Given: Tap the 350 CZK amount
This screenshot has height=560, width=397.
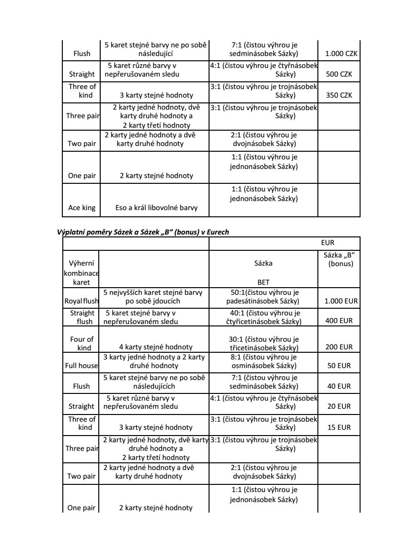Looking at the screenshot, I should tap(339, 95).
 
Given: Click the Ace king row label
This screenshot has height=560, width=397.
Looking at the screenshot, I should tap(82, 208).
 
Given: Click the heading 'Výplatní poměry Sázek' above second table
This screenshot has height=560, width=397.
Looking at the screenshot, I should tap(143, 232).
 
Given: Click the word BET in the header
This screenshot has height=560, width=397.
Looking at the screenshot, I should tap(263, 282).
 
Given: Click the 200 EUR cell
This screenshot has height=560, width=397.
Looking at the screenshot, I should tap(339, 347).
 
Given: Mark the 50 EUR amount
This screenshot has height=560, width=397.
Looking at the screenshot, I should tap(339, 366).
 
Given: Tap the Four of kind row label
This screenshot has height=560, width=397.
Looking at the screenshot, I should tap(82, 343).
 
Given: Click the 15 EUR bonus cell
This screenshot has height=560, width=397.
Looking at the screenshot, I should tap(339, 427).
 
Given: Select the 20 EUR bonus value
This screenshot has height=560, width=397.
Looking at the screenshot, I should tap(339, 406).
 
